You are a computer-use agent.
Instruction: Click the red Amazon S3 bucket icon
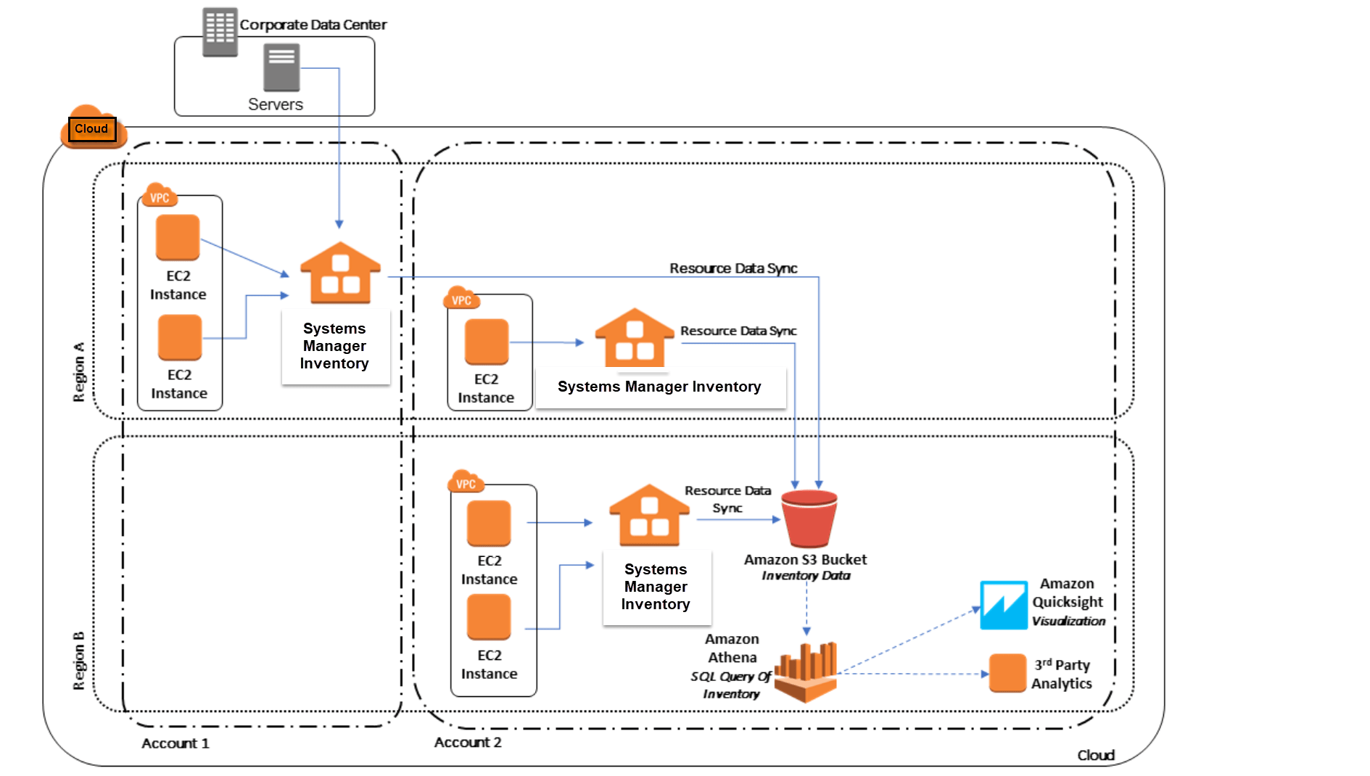click(x=809, y=519)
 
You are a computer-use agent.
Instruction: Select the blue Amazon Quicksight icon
click(x=1003, y=605)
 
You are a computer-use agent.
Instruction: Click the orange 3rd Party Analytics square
click(x=1007, y=673)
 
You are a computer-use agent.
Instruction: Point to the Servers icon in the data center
click(x=281, y=67)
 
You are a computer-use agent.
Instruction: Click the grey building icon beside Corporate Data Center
click(x=220, y=32)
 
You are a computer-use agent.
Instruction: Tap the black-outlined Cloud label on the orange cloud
click(x=91, y=129)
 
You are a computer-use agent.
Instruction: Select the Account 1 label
click(x=175, y=743)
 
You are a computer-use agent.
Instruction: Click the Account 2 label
click(x=468, y=742)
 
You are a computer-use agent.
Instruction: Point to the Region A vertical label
click(x=78, y=371)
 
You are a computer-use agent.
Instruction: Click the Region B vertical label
click(x=78, y=661)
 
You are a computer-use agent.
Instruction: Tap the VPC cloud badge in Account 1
click(x=160, y=197)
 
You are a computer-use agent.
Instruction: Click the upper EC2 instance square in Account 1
click(x=178, y=237)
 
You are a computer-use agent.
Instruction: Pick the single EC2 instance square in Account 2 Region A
click(x=486, y=342)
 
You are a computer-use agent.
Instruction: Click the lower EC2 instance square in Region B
click(x=489, y=617)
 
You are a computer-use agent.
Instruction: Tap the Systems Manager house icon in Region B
click(x=649, y=516)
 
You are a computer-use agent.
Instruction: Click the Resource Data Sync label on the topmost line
click(x=733, y=268)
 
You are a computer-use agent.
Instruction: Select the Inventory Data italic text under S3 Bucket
click(x=806, y=575)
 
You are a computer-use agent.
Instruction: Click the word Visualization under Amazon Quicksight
click(x=1068, y=621)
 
